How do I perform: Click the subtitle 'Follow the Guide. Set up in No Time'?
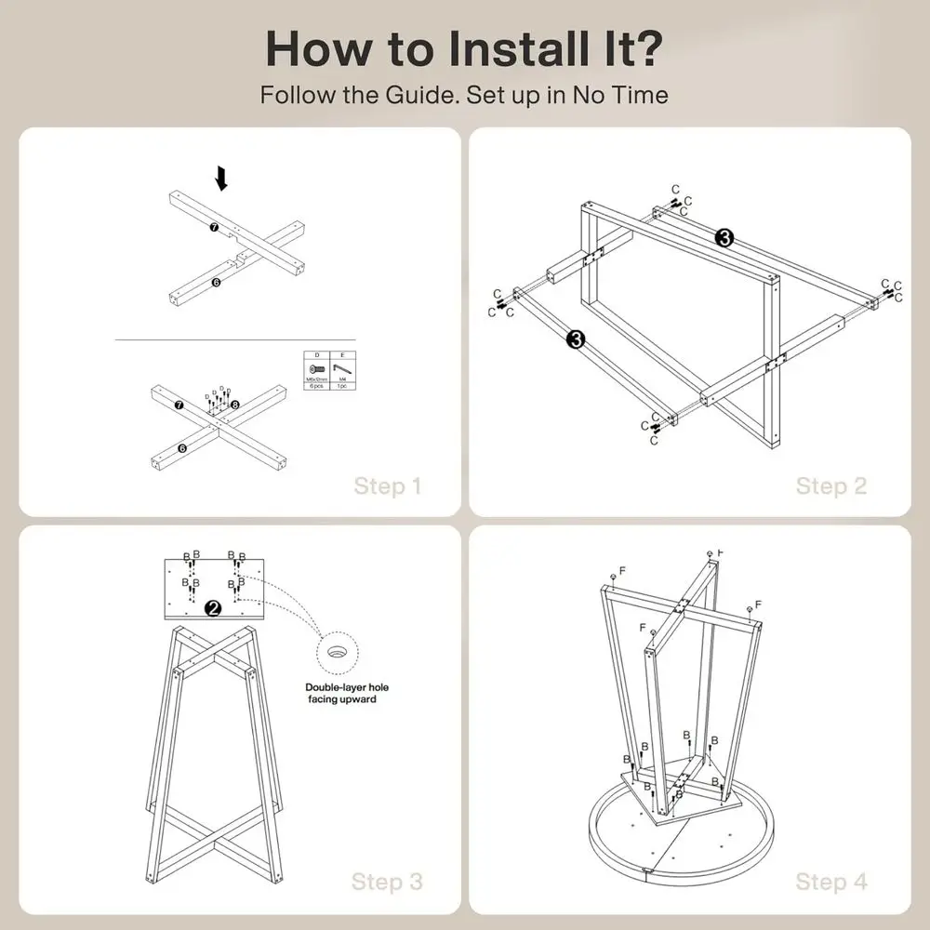464,95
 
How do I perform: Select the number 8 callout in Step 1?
234,405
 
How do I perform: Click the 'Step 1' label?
387,485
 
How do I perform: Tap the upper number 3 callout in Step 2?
725,238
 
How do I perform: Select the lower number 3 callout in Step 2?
575,339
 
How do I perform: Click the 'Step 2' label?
830,485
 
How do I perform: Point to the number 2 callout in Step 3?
213,608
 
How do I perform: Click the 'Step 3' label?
387,881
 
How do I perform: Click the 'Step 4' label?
830,881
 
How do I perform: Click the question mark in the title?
645,48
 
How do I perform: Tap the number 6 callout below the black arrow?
215,282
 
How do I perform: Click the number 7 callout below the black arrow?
213,227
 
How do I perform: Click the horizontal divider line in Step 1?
236,340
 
